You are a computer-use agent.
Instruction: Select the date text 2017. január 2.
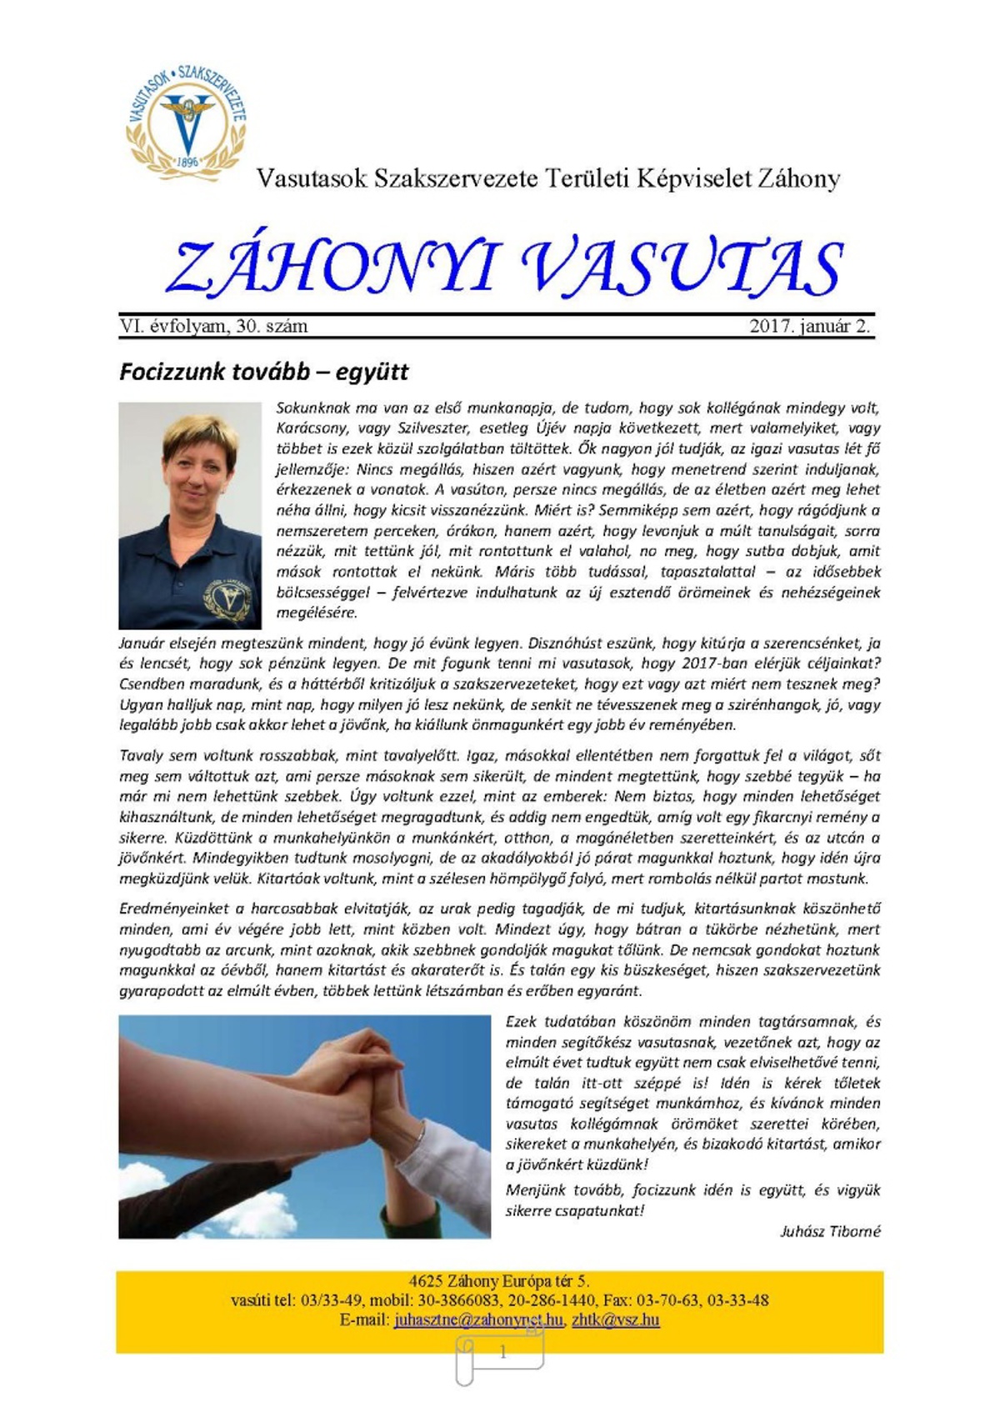tap(810, 327)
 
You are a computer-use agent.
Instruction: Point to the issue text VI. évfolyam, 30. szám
tap(213, 327)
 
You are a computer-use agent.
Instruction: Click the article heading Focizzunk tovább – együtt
tap(263, 372)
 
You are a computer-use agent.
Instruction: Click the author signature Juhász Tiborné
tap(830, 1231)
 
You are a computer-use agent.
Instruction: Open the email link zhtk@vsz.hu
tap(615, 1320)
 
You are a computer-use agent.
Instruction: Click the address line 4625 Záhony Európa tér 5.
tap(499, 1281)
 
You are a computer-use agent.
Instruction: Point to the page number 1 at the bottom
tap(502, 1353)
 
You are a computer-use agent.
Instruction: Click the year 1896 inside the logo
tap(188, 162)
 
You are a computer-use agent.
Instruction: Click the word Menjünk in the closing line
tap(532, 1190)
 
